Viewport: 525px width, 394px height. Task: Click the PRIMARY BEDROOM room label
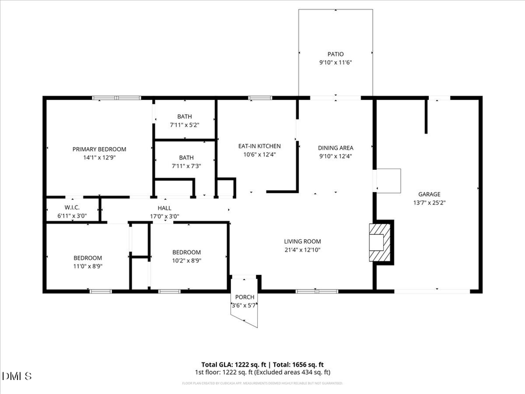pos(99,149)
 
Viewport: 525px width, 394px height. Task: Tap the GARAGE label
pos(429,194)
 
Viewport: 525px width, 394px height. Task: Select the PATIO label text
pos(335,54)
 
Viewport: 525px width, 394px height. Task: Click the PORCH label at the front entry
pos(244,297)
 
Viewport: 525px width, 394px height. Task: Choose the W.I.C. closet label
pos(72,208)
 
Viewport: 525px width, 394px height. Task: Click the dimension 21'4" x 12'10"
pos(302,250)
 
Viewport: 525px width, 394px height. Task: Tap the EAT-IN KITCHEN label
pos(260,146)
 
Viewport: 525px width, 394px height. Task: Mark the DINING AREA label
pos(335,148)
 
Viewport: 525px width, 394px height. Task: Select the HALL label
pos(164,208)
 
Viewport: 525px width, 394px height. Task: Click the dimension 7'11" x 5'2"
pos(185,125)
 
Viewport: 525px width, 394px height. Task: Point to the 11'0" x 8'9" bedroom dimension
pos(87,266)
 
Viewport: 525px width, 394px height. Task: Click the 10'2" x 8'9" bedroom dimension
pos(186,261)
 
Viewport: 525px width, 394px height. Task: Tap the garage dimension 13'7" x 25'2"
pos(429,203)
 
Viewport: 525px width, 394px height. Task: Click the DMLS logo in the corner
pos(17,375)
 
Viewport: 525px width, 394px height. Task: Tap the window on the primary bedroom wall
pos(117,98)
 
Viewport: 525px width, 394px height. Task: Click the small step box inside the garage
pos(388,180)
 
